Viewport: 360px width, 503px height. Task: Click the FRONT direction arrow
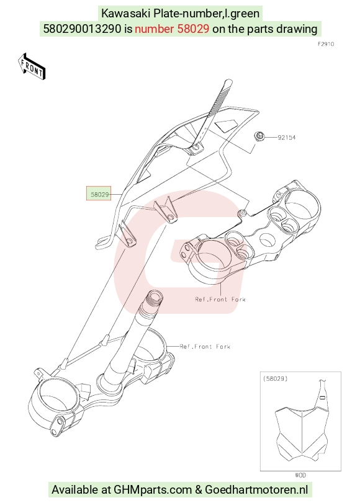(32, 66)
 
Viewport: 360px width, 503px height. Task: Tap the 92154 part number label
(287, 137)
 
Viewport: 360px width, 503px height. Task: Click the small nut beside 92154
(259, 136)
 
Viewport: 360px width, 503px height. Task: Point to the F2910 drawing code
(326, 44)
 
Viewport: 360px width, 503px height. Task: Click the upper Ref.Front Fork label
(220, 300)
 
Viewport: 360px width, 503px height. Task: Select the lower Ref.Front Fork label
(205, 347)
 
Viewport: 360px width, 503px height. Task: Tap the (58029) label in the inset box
(275, 378)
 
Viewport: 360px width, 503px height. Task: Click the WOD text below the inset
(300, 475)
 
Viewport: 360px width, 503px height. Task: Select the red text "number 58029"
(172, 29)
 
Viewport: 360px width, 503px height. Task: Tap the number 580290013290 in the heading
(83, 29)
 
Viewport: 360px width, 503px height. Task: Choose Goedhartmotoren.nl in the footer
(256, 490)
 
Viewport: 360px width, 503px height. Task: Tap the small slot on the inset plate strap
(323, 398)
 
